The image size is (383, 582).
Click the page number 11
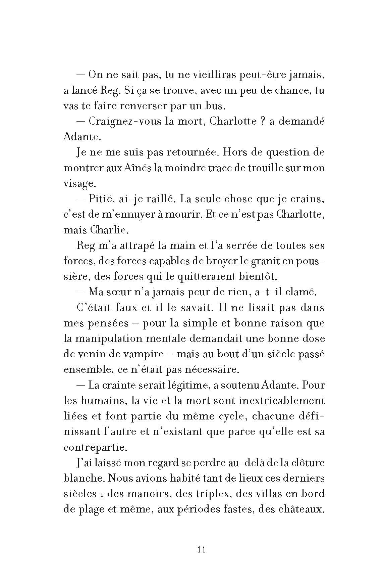tap(202, 549)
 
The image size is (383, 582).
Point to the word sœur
tap(121, 292)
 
